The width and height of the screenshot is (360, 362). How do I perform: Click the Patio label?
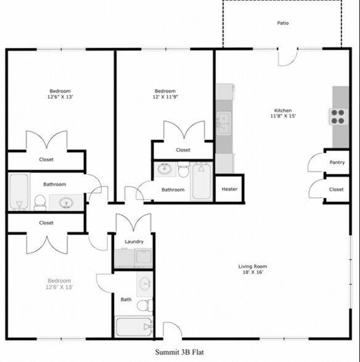pos(282,23)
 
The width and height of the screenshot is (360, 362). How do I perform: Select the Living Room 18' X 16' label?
pos(253,270)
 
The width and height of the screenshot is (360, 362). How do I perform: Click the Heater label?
pos(229,190)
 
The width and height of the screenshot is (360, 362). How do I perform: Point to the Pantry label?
pos(337,163)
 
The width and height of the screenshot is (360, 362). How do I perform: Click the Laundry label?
pos(134,242)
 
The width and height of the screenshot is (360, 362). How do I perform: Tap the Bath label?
pos(126,300)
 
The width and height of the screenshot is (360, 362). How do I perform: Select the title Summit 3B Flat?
pos(179,352)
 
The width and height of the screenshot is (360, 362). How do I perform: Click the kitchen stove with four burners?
pos(338,116)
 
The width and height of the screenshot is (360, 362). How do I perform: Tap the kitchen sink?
pos(223,123)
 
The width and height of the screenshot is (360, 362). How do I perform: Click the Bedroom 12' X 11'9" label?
pos(165,94)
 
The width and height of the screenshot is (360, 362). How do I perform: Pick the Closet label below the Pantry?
pos(336,190)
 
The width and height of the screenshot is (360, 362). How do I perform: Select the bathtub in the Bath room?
pos(134,326)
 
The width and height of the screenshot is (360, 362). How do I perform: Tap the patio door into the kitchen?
pos(287,57)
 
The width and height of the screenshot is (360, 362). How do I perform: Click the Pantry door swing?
pos(316,163)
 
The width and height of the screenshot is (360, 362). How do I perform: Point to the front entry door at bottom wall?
pos(172,330)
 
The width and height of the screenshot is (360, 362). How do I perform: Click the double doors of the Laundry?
pos(133,223)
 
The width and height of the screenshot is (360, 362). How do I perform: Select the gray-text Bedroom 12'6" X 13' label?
pos(59,284)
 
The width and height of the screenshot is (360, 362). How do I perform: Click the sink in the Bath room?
pos(144,284)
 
